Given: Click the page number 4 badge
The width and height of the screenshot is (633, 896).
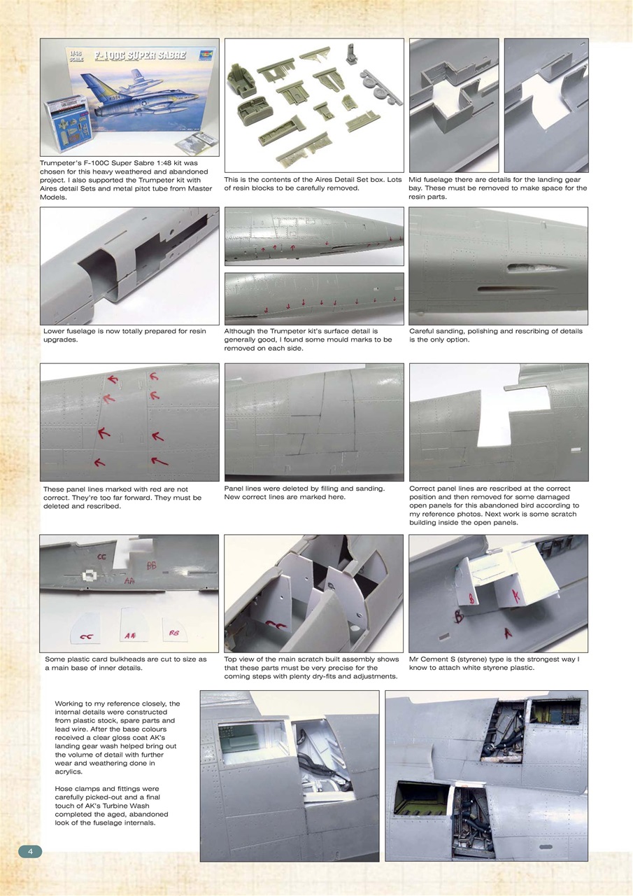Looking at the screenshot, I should tap(30, 851).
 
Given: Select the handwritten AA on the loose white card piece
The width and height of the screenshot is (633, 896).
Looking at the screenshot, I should tap(130, 636).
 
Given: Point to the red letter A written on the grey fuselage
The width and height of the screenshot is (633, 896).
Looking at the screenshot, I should tap(508, 632).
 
